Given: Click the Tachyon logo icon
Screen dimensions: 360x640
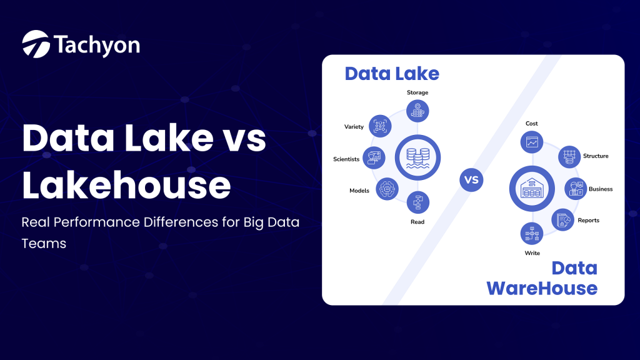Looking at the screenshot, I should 36,44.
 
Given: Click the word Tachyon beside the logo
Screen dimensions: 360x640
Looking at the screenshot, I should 96,44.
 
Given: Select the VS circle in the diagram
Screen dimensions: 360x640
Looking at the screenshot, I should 472,180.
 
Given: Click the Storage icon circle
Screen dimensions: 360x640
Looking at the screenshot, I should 417,111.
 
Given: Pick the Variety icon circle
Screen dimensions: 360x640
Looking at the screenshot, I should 380,126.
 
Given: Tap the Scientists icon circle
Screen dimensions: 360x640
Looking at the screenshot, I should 374,158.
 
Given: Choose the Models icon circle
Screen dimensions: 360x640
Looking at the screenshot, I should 387,189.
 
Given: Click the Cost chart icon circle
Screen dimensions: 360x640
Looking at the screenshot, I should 532,142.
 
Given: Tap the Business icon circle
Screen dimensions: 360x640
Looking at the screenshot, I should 575,188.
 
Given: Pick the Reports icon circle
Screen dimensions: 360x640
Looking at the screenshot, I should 562,219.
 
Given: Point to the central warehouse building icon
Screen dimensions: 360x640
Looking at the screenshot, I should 532,188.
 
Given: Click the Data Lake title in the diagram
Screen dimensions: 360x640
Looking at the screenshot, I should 392,74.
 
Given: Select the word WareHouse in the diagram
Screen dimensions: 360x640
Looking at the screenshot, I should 542,288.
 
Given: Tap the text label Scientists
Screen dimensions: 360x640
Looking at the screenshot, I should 346,159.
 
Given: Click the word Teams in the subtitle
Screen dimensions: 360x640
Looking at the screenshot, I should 44,244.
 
